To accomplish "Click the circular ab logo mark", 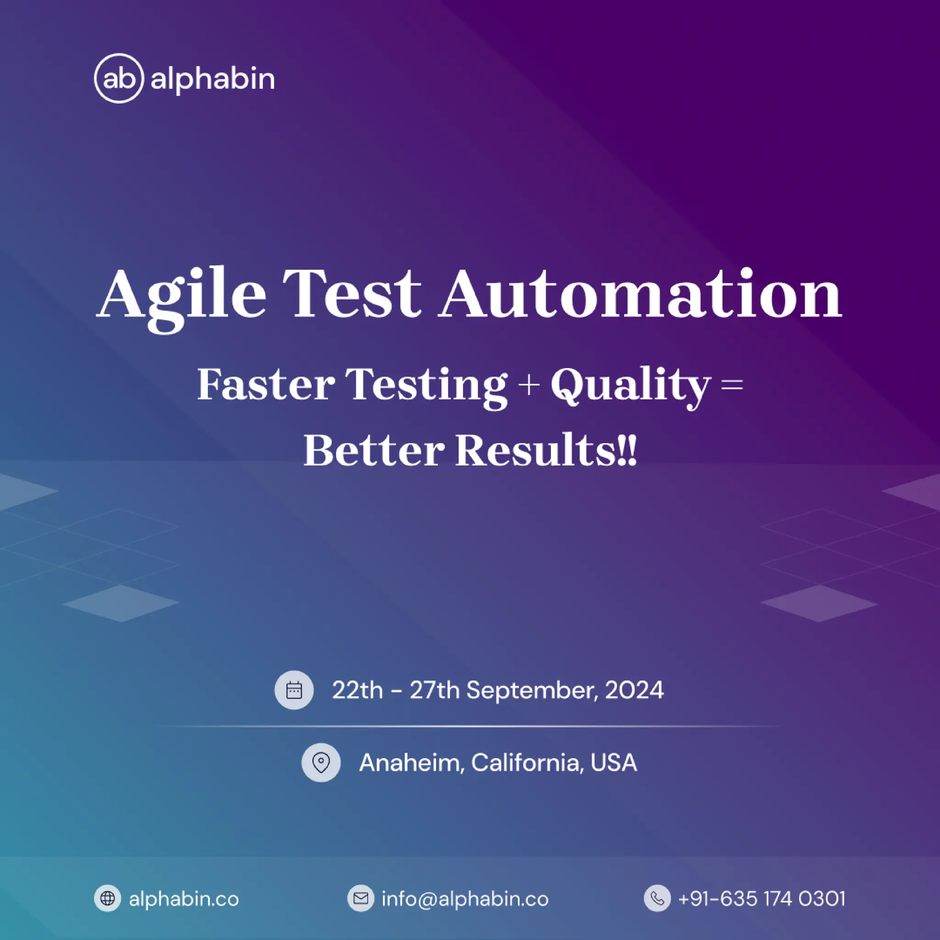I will tap(119, 78).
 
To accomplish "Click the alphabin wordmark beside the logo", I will tap(213, 79).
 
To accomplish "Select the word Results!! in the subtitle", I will tap(545, 450).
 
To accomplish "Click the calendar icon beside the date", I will tap(294, 690).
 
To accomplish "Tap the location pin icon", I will tap(321, 762).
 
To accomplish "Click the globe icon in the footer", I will tap(107, 898).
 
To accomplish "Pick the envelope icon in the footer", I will tap(360, 898).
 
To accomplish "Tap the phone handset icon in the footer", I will tap(657, 898).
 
